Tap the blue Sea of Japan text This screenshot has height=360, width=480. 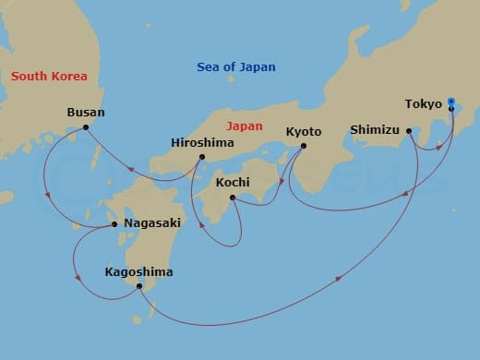(236, 67)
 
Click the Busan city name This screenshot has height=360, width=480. (86, 113)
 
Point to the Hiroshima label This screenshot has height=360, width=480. (202, 143)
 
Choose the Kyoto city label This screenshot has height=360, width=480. (304, 131)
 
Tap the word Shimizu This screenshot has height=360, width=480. (375, 130)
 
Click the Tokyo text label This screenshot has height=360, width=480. (423, 103)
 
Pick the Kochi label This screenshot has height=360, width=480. (232, 182)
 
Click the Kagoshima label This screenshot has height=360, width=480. (138, 272)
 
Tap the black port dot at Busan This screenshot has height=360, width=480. (86, 127)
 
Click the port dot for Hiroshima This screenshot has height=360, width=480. (202, 157)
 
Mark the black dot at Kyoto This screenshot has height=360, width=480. (304, 145)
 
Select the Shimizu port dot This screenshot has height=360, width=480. (408, 131)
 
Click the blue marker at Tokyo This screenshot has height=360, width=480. (450, 102)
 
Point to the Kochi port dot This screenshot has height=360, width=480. (232, 197)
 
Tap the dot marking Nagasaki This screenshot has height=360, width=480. (114, 223)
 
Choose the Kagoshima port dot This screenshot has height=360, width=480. (138, 286)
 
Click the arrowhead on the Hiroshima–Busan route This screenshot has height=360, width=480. (131, 169)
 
